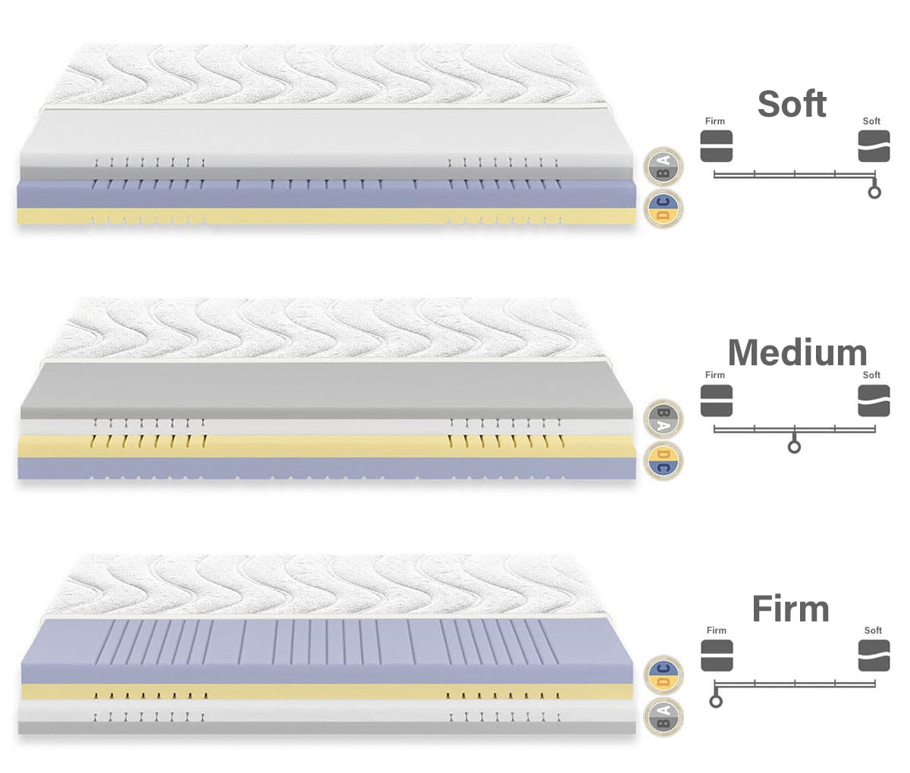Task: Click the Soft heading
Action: tap(792, 104)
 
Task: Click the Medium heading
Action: tap(797, 353)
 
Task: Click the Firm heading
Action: tap(790, 609)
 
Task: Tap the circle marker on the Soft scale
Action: tap(874, 192)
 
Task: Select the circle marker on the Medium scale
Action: tap(794, 446)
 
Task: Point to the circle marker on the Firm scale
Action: tap(715, 701)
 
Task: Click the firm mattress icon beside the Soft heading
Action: tap(716, 146)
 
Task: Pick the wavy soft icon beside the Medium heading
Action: tap(874, 401)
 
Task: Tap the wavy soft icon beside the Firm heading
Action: tap(874, 656)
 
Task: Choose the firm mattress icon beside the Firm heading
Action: tap(717, 656)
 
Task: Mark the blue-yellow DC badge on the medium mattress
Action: tap(664, 461)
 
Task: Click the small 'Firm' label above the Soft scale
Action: tap(714, 121)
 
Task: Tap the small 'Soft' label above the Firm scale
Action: tap(873, 631)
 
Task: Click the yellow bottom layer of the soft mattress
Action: tap(326, 217)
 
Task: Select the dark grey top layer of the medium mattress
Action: tap(326, 390)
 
